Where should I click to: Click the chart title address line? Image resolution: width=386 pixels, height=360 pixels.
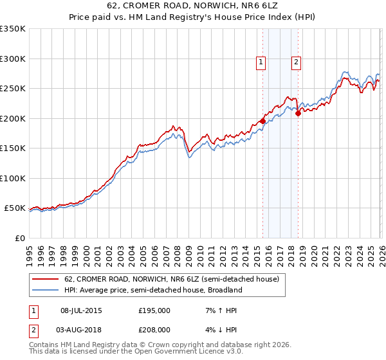pyautogui.click(x=193, y=6)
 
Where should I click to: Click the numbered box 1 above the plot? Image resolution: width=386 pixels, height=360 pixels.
pyautogui.click(x=261, y=62)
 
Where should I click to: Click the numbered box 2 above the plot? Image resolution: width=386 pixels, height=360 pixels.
pyautogui.click(x=296, y=62)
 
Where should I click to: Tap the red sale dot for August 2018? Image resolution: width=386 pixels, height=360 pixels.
pyautogui.click(x=298, y=114)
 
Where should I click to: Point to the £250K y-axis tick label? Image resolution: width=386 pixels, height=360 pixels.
pyautogui.click(x=13, y=89)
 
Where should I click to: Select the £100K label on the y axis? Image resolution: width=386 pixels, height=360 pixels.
pyautogui.click(x=13, y=178)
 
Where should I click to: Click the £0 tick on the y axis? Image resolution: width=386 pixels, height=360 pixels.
pyautogui.click(x=19, y=238)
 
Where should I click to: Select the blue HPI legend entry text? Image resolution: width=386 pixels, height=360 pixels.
pyautogui.click(x=152, y=290)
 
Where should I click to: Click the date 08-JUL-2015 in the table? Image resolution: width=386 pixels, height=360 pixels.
pyautogui.click(x=81, y=310)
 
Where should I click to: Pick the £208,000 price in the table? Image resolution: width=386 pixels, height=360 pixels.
pyautogui.click(x=154, y=329)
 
